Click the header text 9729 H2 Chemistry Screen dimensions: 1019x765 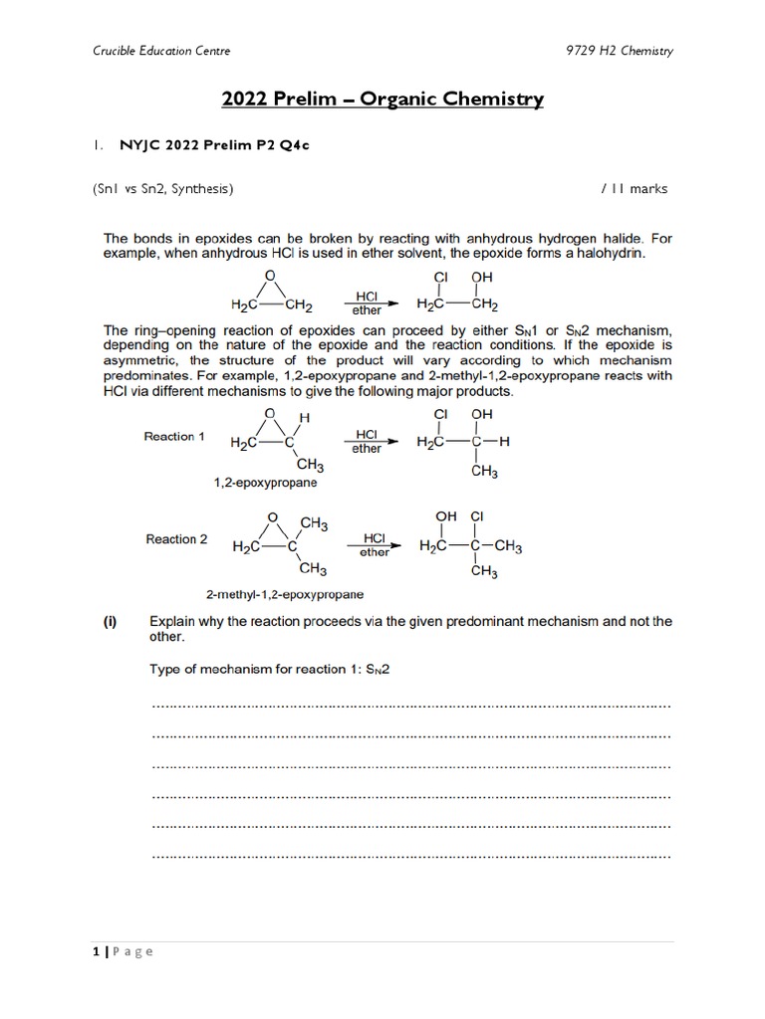pos(619,51)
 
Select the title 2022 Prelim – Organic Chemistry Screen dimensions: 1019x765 pos(382,99)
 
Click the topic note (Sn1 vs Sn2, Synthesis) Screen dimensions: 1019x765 pos(162,188)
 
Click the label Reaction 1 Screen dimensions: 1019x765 pos(174,437)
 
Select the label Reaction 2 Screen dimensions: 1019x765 pos(176,539)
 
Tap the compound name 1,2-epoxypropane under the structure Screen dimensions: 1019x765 pos(265,483)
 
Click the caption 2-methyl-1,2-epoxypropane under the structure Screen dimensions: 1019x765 pos(270,594)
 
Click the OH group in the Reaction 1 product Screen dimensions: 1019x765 pos(481,413)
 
